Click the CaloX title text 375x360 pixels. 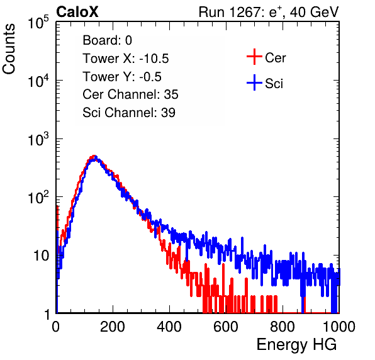pos(77,12)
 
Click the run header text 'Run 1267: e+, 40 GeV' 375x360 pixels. pos(269,12)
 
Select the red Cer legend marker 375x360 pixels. pos(254,57)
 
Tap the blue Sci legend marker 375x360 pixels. pos(254,83)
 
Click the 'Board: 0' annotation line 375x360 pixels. pos(108,40)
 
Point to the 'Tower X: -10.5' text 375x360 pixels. pos(126,59)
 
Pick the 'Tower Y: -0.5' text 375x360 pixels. pos(122,77)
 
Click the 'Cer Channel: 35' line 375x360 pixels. pos(130,94)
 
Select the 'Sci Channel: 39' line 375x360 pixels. pos(129,113)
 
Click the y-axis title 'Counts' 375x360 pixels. pos(9,49)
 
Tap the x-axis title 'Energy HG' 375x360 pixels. pos(296,345)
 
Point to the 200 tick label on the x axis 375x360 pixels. pos(113,327)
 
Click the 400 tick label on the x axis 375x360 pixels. pos(169,327)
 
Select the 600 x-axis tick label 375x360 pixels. pos(226,327)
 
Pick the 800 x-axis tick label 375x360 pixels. pos(283,327)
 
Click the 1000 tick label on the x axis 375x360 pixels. pos(339,327)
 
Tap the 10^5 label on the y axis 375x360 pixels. pos(38,23)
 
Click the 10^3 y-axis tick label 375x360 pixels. pos(38,139)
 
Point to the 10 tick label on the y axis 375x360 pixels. pos(42,256)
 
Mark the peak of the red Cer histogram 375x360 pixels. pos(94,155)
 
